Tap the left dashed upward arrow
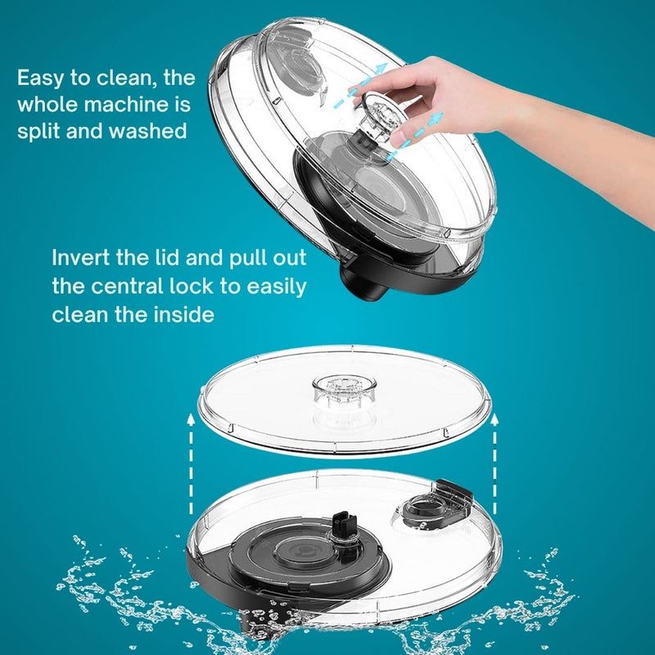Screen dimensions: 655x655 [191, 463]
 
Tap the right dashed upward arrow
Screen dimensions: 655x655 [495, 463]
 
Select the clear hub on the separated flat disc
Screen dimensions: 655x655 [345, 391]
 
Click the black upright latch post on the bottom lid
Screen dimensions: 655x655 [343, 531]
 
